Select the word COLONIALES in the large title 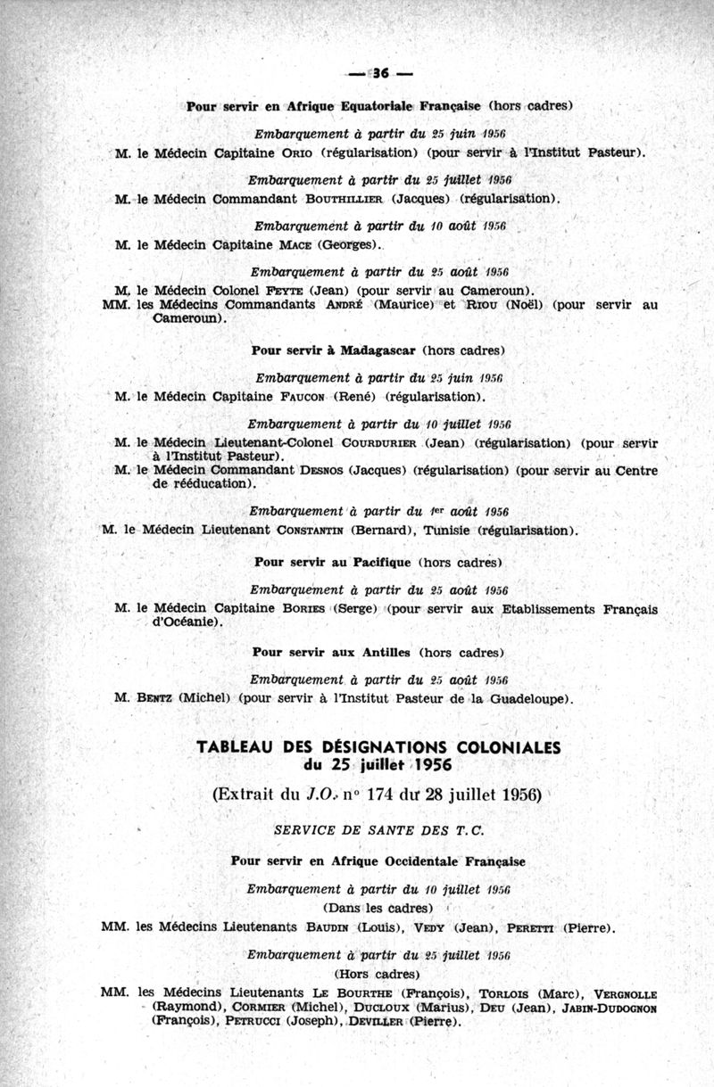tap(502, 747)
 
